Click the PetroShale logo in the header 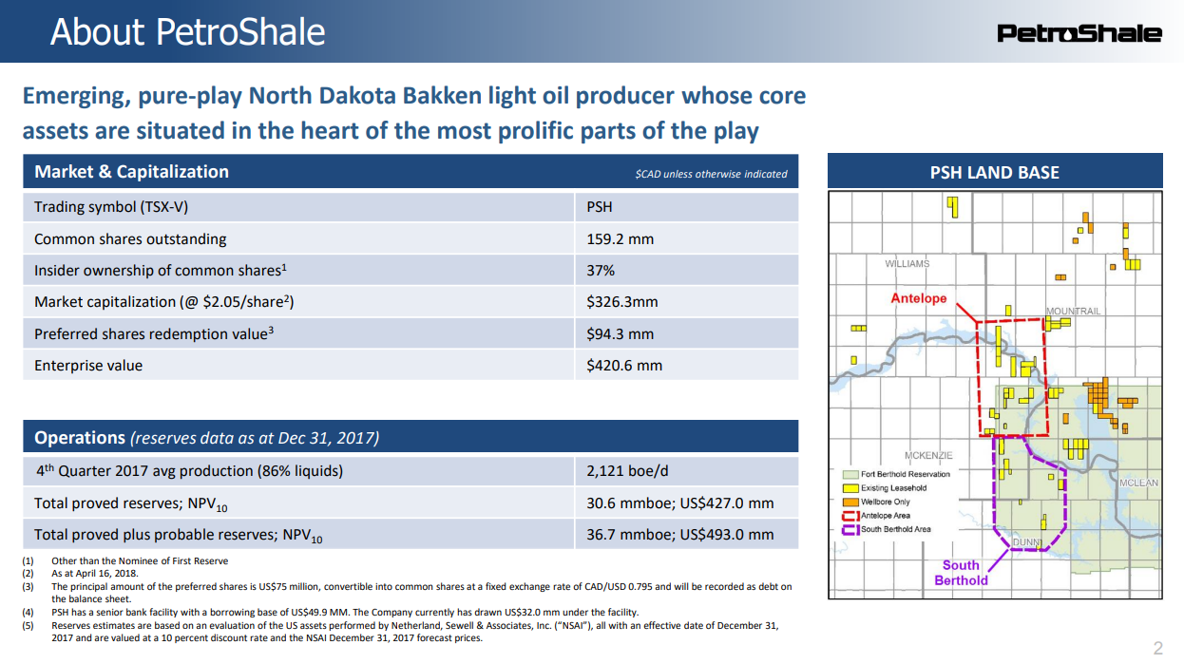coord(1079,33)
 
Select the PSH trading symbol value coord(600,207)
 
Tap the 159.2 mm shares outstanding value coord(620,238)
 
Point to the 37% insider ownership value coord(601,270)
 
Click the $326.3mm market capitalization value coord(622,302)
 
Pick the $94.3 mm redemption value coord(620,333)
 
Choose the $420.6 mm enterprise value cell coord(624,365)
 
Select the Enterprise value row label coord(88,365)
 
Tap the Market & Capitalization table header coord(131,172)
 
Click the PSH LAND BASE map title coord(995,172)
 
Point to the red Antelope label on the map coord(919,298)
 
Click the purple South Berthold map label coord(961,572)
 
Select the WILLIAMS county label coord(907,264)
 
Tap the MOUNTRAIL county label coord(1073,312)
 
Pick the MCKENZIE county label coord(927,456)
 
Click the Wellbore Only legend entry coord(886,502)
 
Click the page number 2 coord(1157,649)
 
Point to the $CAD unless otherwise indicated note coord(711,174)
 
